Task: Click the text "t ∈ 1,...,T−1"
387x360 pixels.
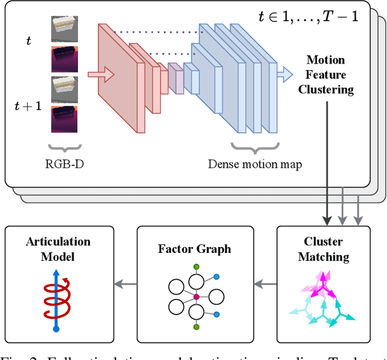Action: [x=308, y=16]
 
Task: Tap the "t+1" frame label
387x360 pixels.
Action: [x=28, y=106]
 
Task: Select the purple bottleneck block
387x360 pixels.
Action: [x=176, y=78]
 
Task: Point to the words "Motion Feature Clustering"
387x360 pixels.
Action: [x=326, y=75]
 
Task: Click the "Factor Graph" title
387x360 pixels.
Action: [x=194, y=249]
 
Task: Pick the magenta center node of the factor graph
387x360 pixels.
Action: [x=196, y=296]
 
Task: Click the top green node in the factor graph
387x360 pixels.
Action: [x=196, y=267]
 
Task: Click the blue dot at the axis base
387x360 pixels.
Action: [x=56, y=329]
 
